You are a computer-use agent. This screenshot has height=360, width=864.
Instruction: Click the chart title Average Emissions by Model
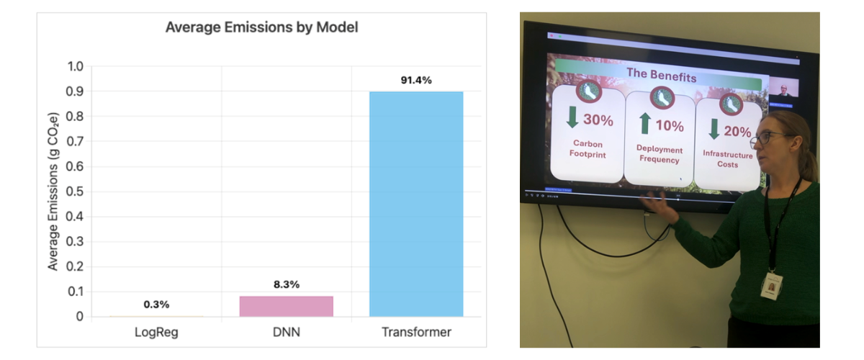coord(261,28)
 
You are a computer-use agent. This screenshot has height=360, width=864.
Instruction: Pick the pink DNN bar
coord(286,306)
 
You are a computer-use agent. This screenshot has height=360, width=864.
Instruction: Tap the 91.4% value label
coord(416,80)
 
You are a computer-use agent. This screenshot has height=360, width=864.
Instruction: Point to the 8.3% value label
coord(286,284)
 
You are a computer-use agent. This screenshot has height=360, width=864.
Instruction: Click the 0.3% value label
coord(156,305)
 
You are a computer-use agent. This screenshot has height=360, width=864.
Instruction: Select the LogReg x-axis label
coord(156,332)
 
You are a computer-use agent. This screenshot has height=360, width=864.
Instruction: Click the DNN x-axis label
coord(286,332)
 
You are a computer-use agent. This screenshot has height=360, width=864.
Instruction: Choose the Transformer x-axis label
coord(416,332)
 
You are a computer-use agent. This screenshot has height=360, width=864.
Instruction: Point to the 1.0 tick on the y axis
coord(76,67)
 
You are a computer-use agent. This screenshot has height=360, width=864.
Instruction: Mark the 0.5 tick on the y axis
coord(76,192)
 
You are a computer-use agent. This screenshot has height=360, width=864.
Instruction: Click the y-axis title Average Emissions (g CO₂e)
coord(53,192)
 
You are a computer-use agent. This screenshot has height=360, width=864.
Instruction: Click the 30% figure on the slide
coord(598,120)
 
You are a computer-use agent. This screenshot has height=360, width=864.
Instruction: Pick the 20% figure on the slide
coord(737,132)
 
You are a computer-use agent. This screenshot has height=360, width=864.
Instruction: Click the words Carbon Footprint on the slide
coord(588,149)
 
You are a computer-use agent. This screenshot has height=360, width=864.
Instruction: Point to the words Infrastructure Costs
coord(727,159)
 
